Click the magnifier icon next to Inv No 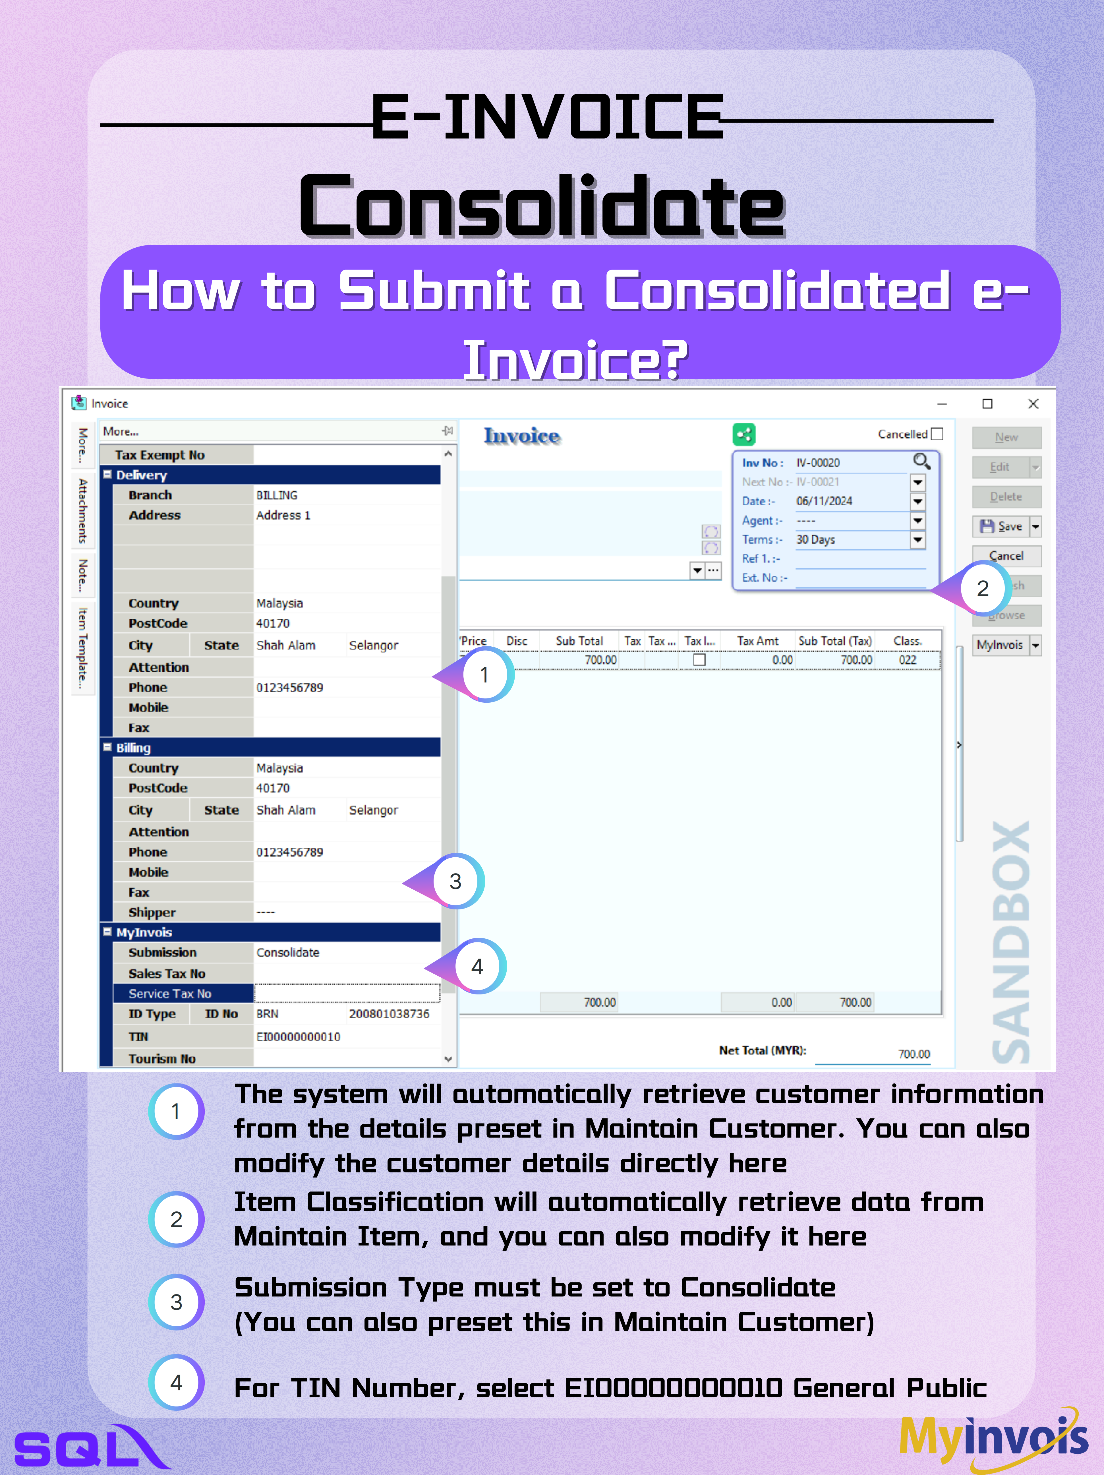click(x=921, y=461)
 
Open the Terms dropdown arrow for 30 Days click(x=918, y=539)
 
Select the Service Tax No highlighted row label click(x=170, y=994)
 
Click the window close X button click(x=1033, y=404)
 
